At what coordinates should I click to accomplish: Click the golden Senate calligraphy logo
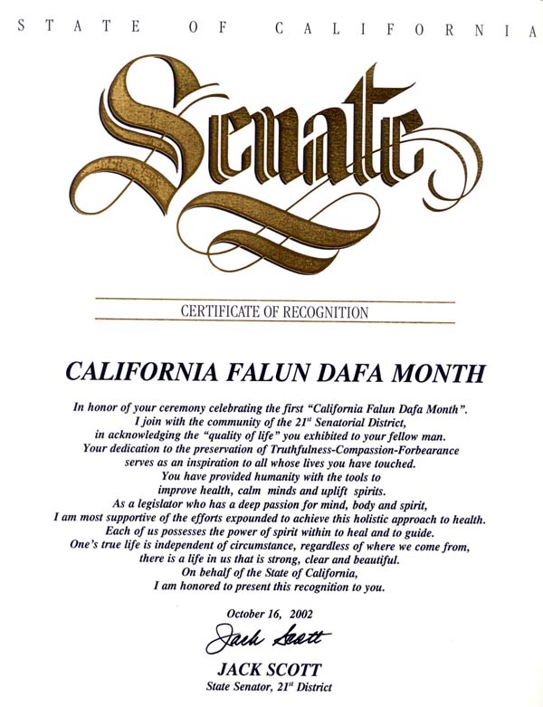[x=271, y=154]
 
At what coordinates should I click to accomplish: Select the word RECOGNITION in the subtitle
[x=327, y=312]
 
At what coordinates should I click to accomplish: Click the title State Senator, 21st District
[x=271, y=688]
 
